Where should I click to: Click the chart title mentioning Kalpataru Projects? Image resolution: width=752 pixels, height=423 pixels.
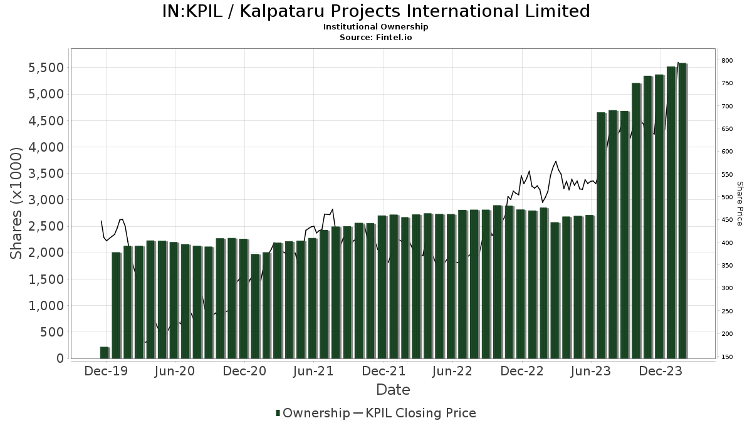[x=376, y=11]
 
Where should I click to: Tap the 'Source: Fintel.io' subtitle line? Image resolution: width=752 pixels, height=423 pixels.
[x=376, y=37]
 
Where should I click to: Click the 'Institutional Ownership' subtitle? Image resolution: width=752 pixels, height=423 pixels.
[x=376, y=27]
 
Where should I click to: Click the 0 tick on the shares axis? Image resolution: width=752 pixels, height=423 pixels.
[x=60, y=358]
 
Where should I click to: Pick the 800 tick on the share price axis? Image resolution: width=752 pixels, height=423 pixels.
[x=727, y=60]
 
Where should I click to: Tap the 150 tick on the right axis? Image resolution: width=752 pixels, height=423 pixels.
[x=727, y=357]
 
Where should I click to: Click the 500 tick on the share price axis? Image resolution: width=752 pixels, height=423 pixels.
[x=727, y=197]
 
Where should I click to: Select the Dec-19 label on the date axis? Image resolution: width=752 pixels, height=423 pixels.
[x=107, y=371]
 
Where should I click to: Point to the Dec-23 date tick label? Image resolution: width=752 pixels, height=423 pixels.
[x=661, y=371]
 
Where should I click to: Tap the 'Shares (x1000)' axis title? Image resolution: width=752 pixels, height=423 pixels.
[x=17, y=203]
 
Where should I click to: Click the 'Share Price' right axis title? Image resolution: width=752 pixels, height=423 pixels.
[x=739, y=203]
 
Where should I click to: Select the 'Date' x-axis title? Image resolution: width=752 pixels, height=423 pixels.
[x=393, y=390]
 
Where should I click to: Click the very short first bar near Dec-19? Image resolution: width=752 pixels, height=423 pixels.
[x=105, y=353]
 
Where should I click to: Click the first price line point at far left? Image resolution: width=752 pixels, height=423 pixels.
[x=101, y=221]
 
